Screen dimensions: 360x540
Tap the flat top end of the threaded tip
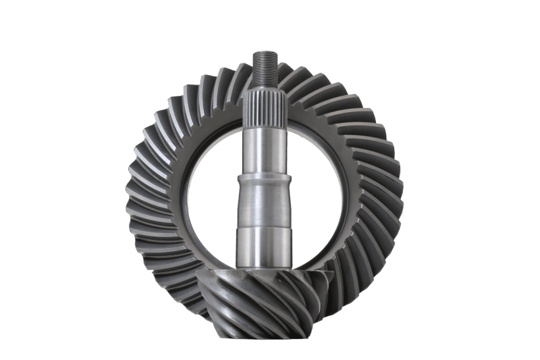263,53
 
